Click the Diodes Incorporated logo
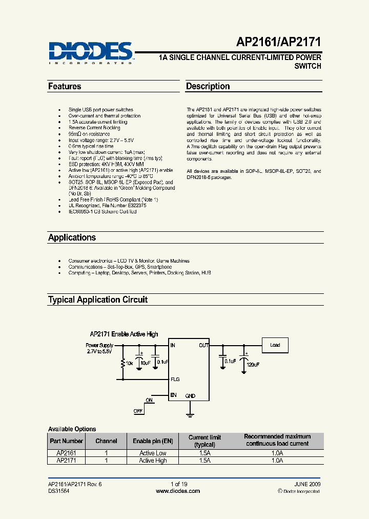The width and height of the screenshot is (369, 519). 91,52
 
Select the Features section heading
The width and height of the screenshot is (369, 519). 65,87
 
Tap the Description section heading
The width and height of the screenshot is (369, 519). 208,87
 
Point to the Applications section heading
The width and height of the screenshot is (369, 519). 72,238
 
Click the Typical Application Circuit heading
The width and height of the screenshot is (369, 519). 97,300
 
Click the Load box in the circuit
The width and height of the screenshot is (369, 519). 275,345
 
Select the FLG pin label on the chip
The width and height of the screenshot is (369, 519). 175,380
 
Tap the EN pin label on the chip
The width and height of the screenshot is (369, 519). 174,395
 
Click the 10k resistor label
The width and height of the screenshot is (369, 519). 130,363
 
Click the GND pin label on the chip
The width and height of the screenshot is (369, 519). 190,396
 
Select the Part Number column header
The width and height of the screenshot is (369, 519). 66,441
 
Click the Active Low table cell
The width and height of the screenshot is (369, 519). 153,453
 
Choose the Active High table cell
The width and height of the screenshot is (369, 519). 153,461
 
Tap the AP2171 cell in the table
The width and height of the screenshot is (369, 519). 66,461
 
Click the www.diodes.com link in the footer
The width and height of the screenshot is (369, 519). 177,491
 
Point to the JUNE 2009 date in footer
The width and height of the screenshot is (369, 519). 307,484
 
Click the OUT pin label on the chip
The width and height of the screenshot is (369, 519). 203,346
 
